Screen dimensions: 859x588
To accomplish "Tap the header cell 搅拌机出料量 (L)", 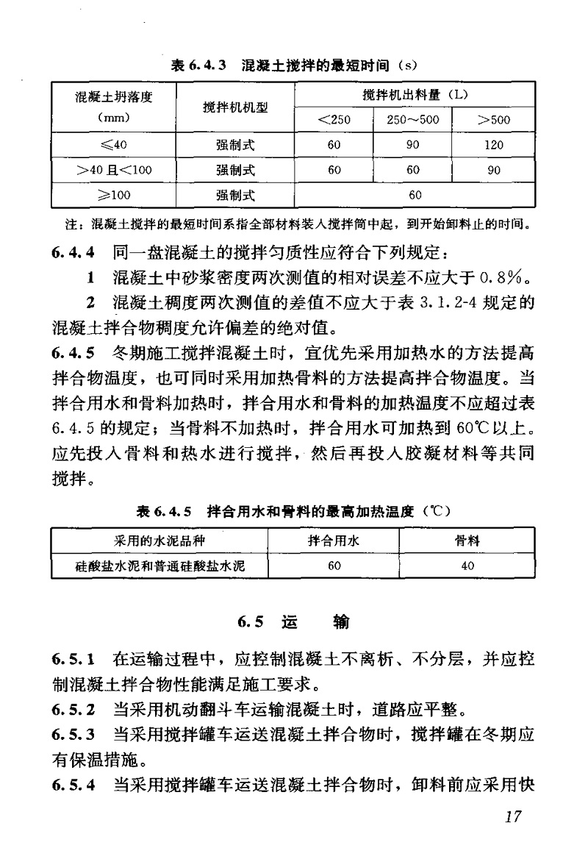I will [x=415, y=96].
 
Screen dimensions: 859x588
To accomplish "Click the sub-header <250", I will [x=334, y=120].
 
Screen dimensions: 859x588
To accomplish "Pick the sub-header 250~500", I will [x=413, y=120].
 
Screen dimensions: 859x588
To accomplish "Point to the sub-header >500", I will [x=494, y=120].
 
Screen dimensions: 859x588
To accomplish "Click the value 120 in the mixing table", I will [x=494, y=145].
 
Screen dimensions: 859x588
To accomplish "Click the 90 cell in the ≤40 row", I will [x=413, y=145].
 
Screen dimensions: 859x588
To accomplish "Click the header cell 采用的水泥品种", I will [x=159, y=541].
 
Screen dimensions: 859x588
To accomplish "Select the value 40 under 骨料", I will [x=467, y=566].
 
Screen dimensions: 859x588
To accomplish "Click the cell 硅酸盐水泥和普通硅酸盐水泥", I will [x=159, y=566].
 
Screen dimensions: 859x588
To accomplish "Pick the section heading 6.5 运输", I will [x=294, y=622].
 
